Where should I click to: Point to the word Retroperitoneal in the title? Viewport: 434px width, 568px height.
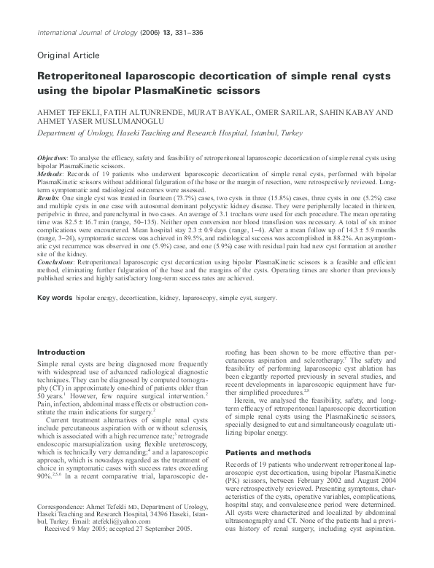pos(77,76)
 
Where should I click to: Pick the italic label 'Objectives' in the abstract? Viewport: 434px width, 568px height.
pos(52,158)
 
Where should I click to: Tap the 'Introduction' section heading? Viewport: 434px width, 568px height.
pos(61,352)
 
